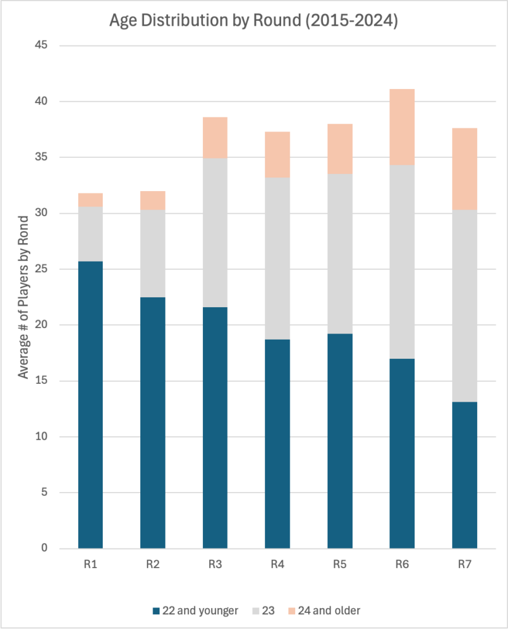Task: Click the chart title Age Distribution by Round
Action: [x=254, y=21]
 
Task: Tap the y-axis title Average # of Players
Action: [x=23, y=297]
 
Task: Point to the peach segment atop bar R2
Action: [x=153, y=200]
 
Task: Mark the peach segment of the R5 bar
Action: [x=340, y=149]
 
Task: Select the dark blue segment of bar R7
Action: [x=464, y=475]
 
